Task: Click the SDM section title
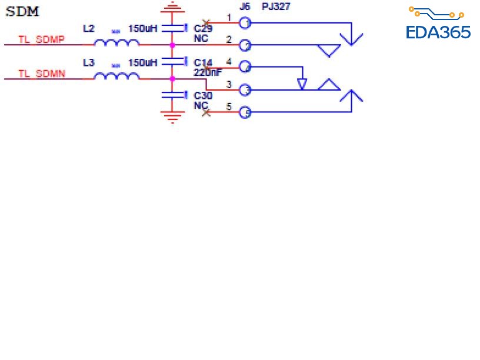(23, 12)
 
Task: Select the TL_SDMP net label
(41, 40)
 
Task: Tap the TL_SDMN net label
(41, 74)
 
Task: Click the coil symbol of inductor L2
(117, 42)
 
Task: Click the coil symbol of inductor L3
(117, 76)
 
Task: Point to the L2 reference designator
(88, 28)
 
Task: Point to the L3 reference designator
(88, 62)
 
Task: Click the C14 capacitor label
(203, 62)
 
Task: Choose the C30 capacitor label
(203, 96)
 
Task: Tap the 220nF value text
(207, 72)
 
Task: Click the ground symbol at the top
(172, 6)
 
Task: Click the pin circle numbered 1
(244, 23)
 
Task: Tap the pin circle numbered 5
(244, 112)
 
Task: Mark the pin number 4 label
(229, 61)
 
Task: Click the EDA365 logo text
(438, 32)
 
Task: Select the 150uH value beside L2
(143, 28)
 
